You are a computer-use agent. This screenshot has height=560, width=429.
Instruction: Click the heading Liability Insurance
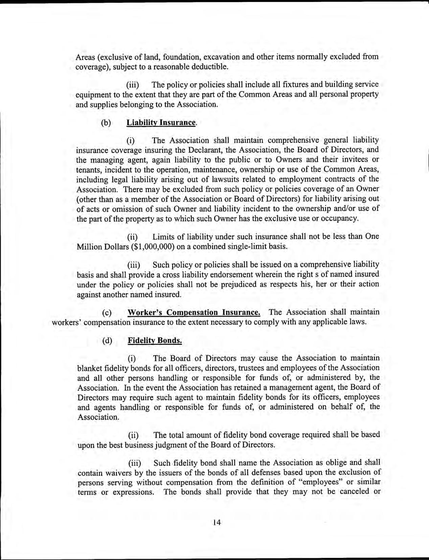pos(161,122)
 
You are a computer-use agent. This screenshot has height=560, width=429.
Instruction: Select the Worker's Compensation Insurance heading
pos(194,312)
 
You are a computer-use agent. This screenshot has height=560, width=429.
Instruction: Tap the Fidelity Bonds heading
pos(155,340)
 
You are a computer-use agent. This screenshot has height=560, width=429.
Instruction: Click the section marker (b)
pos(106,123)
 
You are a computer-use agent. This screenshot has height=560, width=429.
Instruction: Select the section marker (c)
pos(107,312)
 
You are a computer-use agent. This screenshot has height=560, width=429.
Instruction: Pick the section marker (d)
pos(107,341)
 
